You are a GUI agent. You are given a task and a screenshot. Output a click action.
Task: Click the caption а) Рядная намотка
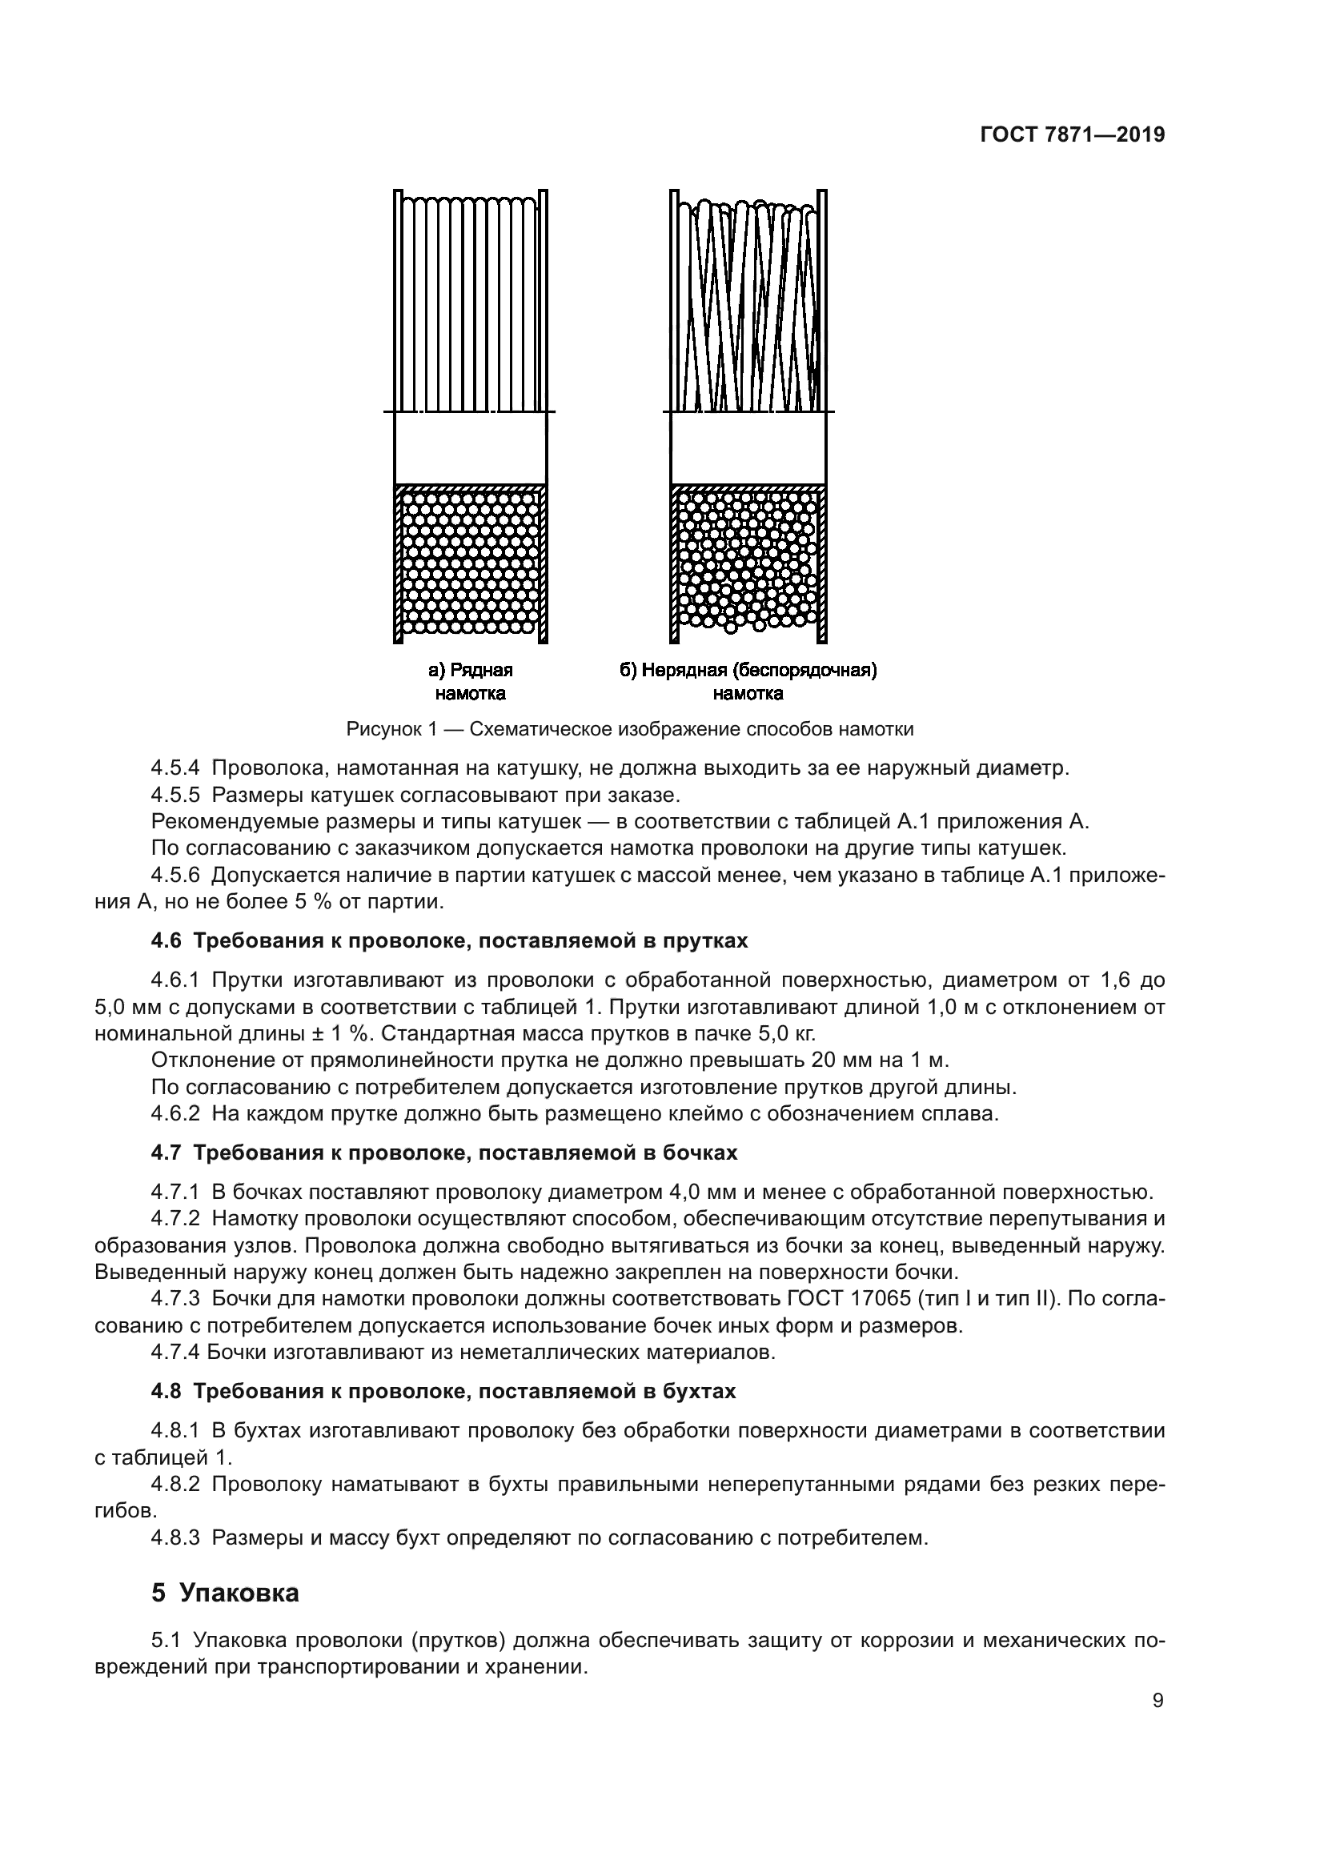[x=471, y=682]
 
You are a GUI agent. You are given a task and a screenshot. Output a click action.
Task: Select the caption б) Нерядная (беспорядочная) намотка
[x=748, y=682]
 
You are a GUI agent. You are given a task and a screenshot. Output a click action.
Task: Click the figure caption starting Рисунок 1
[x=629, y=729]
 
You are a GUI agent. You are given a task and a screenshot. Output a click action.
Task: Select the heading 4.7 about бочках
[x=443, y=1152]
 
